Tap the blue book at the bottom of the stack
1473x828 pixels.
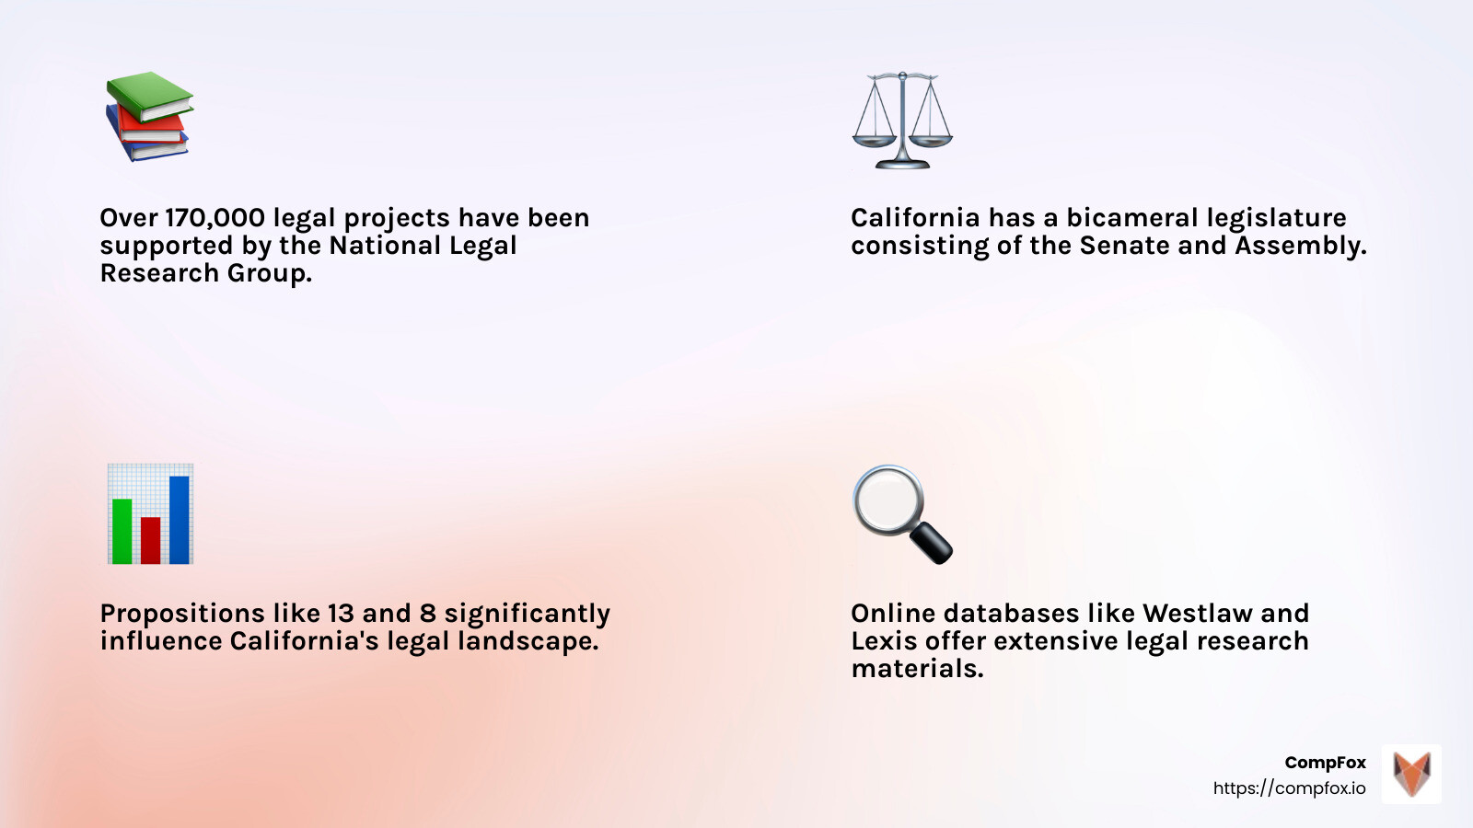pyautogui.click(x=147, y=148)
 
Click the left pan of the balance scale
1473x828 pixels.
pyautogui.click(x=873, y=139)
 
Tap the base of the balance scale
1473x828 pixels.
pyautogui.click(x=902, y=164)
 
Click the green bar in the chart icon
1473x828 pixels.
pyautogui.click(x=122, y=531)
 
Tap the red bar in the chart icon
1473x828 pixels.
pyautogui.click(x=151, y=540)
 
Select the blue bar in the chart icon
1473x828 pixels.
pyautogui.click(x=180, y=520)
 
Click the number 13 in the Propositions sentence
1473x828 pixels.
pyautogui.click(x=340, y=614)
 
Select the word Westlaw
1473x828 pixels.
pyautogui.click(x=1198, y=614)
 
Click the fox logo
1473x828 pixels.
pyautogui.click(x=1411, y=774)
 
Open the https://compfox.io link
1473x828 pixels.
pyautogui.click(x=1289, y=788)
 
